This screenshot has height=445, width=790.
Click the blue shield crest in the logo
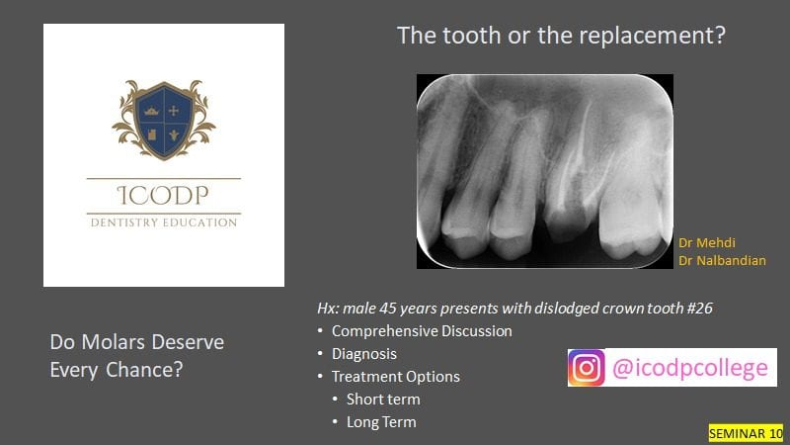[x=164, y=120]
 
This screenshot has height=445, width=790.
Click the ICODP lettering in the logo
[x=163, y=195]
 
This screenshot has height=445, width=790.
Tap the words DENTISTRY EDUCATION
[x=164, y=222]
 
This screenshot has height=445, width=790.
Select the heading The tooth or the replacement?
[x=561, y=36]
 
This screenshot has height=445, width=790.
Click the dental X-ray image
[x=545, y=171]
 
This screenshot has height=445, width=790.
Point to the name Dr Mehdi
[x=707, y=242]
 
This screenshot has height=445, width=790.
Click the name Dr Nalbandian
[x=722, y=260]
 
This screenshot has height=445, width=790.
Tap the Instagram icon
[x=587, y=367]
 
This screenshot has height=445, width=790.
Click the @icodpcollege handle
[x=690, y=368]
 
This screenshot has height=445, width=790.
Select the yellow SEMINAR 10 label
[x=746, y=433]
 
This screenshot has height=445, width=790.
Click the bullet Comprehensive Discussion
[x=422, y=331]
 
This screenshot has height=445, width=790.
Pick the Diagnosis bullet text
[x=364, y=354]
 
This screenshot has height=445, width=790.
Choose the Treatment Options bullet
[x=396, y=377]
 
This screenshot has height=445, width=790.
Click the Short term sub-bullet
[x=383, y=400]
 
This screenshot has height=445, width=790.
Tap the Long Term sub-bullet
[x=381, y=422]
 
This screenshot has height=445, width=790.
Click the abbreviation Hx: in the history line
[x=328, y=308]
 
